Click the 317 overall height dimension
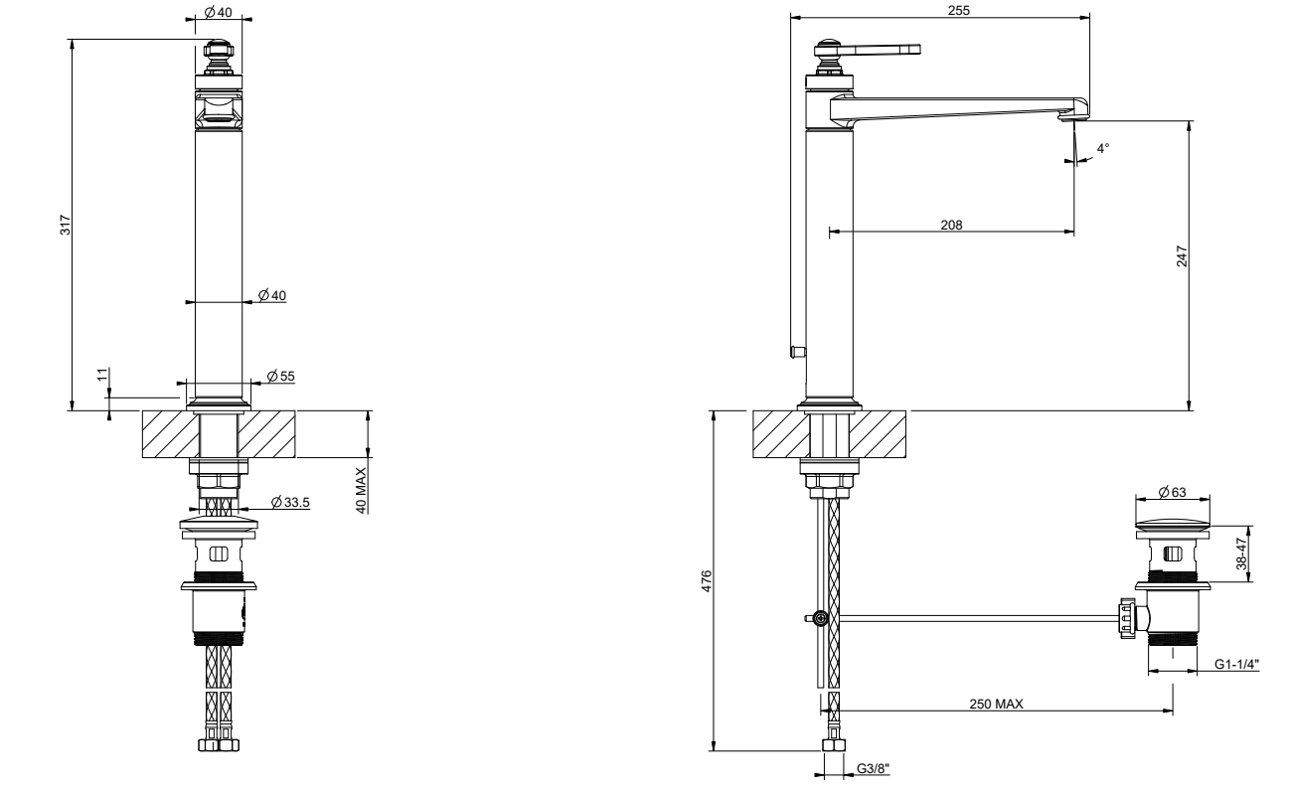66,225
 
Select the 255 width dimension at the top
959,10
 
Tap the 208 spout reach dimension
951,225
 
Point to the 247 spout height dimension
1182,256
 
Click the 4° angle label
1102,148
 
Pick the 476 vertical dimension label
707,580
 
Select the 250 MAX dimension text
996,704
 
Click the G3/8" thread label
873,768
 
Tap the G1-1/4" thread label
1236,664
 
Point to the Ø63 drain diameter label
1172,492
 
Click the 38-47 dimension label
1242,554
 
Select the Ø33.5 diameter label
290,503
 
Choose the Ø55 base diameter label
281,377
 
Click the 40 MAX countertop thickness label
361,490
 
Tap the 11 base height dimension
102,375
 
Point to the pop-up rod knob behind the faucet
798,351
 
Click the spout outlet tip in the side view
1073,117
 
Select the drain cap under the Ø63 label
1172,525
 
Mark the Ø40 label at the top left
218,12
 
